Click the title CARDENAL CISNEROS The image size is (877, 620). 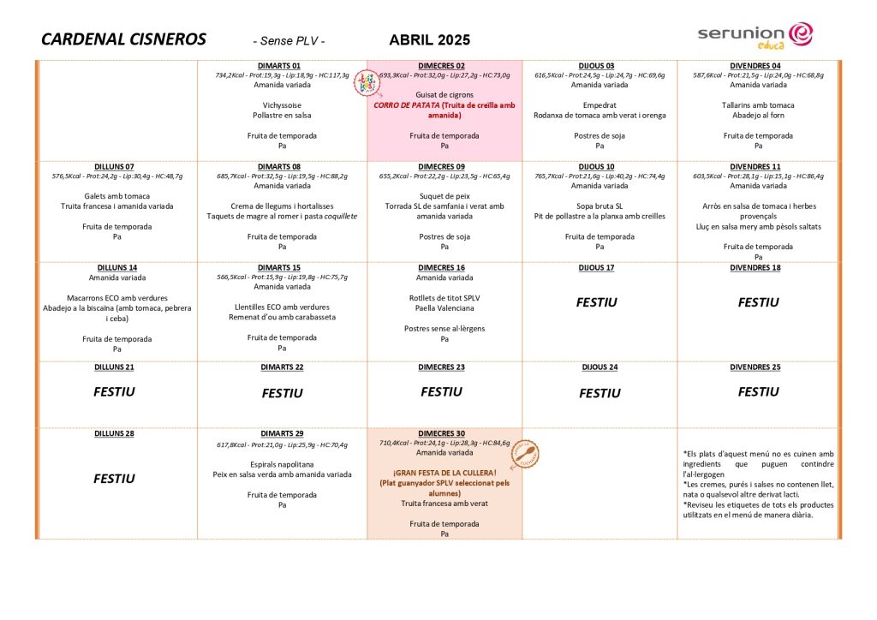click(123, 39)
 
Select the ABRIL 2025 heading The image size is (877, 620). click(429, 40)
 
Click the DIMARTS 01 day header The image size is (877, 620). click(279, 66)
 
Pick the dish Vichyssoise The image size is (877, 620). click(279, 105)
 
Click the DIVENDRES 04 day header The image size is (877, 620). click(755, 66)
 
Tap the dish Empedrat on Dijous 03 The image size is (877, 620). click(600, 105)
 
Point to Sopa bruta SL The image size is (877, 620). click(600, 206)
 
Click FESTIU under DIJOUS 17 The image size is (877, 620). click(596, 302)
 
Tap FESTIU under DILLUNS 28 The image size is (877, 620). click(114, 479)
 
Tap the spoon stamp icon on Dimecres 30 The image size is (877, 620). click(524, 455)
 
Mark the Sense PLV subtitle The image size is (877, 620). click(289, 41)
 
